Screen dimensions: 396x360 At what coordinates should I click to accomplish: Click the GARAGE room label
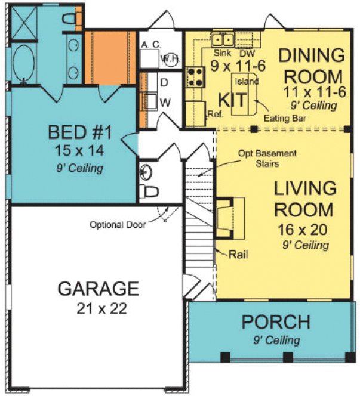tap(98, 289)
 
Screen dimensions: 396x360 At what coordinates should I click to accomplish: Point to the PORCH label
tap(275, 323)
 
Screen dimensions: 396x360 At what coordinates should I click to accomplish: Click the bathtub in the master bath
tap(23, 64)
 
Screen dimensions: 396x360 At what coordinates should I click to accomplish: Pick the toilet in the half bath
tap(149, 191)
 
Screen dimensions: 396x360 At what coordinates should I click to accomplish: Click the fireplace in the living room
tap(228, 219)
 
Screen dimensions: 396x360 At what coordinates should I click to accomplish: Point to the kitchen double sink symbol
tap(224, 39)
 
